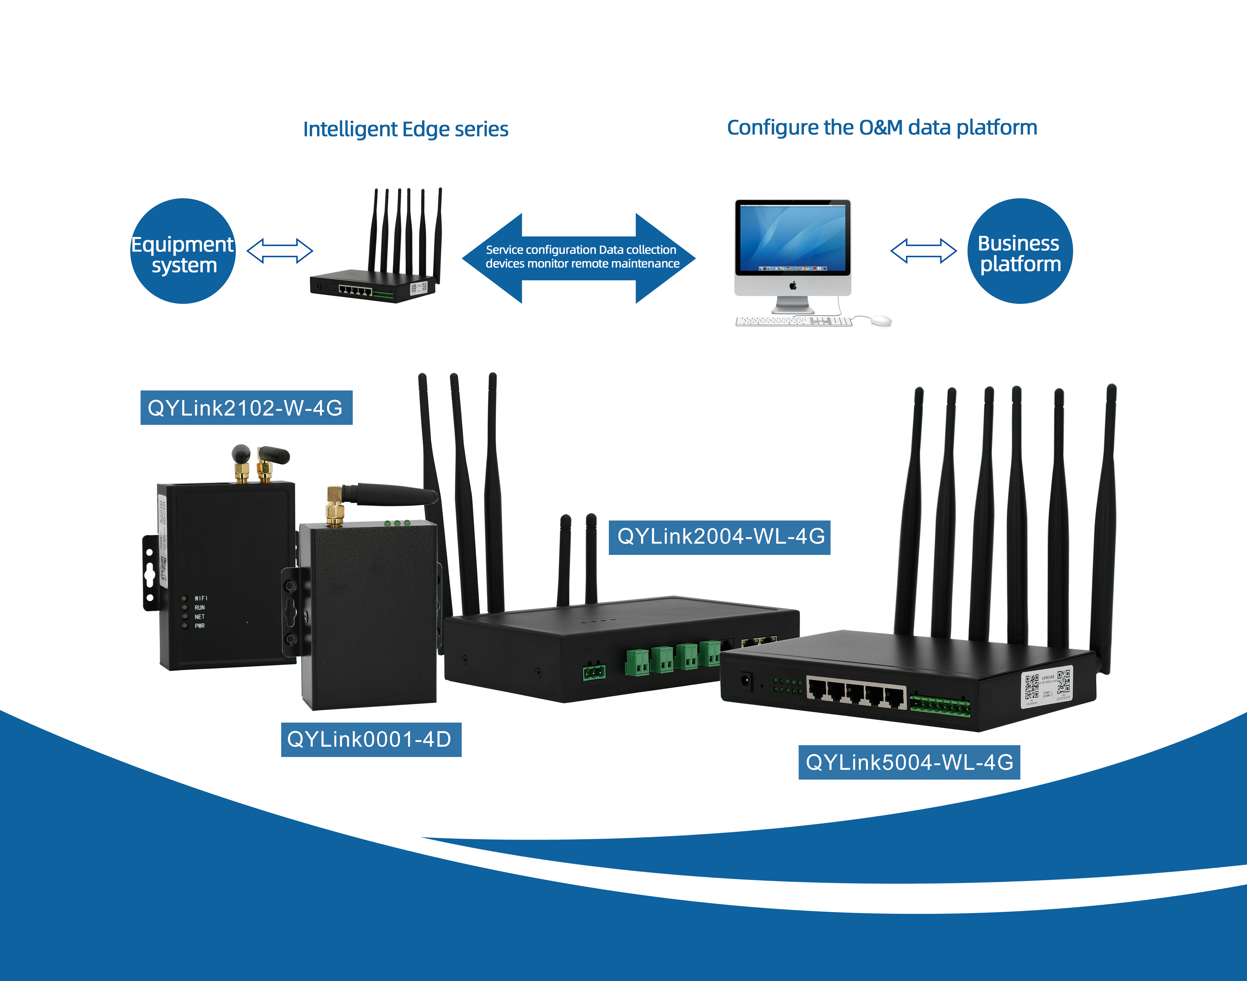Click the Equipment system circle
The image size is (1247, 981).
pos(183,251)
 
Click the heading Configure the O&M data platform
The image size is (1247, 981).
pos(882,127)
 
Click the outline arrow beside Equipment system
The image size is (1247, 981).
pos(280,251)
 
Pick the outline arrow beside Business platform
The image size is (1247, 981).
pos(923,251)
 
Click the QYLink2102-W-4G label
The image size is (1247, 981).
pos(246,408)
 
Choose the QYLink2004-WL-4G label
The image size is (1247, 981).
pos(720,537)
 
